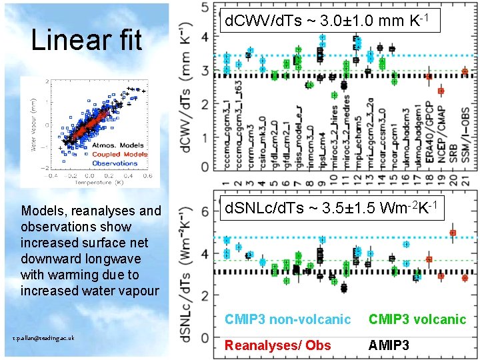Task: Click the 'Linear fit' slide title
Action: pyautogui.click(x=87, y=41)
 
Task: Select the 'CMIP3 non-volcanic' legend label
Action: pyautogui.click(x=287, y=319)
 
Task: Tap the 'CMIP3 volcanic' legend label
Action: pyautogui.click(x=417, y=319)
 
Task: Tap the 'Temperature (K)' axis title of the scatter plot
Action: pyautogui.click(x=93, y=183)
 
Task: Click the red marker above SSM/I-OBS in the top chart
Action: pyautogui.click(x=465, y=71)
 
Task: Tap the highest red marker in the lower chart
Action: pyautogui.click(x=453, y=233)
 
